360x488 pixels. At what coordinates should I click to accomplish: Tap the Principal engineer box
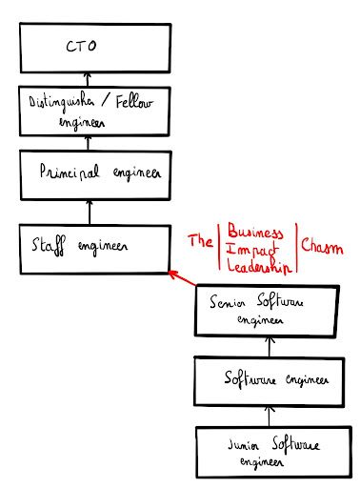tap(88, 174)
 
